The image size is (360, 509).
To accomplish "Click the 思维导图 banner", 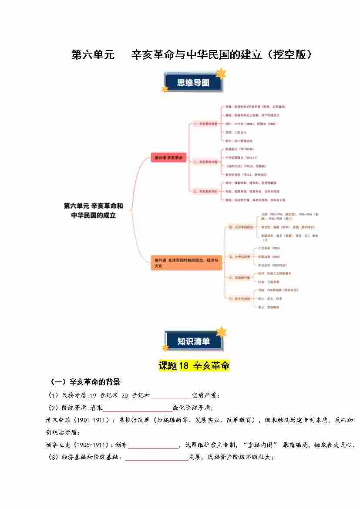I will [x=193, y=83].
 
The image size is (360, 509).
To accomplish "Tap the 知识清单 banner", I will [x=193, y=341].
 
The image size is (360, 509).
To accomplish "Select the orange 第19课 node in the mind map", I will [x=186, y=263].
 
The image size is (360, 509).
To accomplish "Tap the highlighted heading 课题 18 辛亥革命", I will [x=194, y=366].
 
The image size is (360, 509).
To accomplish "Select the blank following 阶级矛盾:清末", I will [x=137, y=408].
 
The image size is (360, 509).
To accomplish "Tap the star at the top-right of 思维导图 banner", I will [x=221, y=73].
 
